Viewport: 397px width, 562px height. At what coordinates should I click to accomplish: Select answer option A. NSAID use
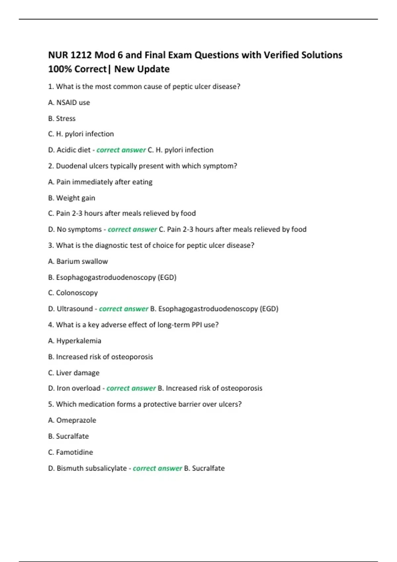pos(69,102)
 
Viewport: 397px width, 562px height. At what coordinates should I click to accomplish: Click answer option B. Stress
pos(62,118)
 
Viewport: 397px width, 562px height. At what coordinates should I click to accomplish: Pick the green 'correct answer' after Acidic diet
pos(121,150)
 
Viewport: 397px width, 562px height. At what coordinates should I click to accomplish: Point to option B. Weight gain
pos(71,198)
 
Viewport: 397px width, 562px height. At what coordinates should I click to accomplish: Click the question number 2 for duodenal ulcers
pos(50,166)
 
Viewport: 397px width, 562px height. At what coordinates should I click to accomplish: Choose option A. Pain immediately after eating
pos(100,182)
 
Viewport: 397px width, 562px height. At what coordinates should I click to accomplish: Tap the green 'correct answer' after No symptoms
pos(132,229)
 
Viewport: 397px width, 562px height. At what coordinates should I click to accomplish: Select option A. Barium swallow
pos(78,261)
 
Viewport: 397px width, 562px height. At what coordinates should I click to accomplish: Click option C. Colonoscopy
pos(73,293)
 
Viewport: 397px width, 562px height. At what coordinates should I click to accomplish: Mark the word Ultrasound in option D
pos(75,309)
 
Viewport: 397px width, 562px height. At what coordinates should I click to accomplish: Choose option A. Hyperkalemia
pos(74,341)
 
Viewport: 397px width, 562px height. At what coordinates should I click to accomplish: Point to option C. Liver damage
pos(74,373)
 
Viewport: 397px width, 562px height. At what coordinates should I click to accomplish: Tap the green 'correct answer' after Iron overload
pos(131,388)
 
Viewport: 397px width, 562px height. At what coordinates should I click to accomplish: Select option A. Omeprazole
pos(72,420)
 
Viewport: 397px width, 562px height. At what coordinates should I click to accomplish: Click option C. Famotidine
pos(70,452)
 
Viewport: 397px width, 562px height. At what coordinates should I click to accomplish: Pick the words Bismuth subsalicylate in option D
pos(92,468)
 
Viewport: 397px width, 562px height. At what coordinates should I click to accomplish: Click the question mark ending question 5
pos(240,404)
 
